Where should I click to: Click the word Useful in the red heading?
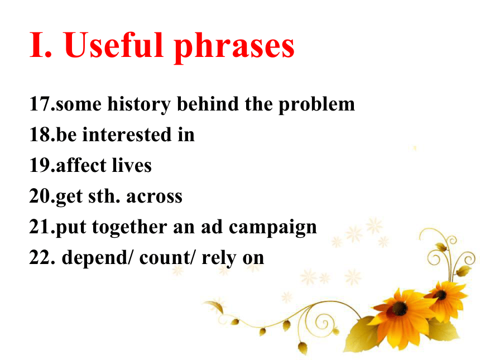click(113, 45)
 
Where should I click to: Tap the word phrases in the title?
click(234, 48)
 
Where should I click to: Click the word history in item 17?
click(139, 104)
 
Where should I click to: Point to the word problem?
click(316, 104)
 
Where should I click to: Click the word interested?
click(127, 135)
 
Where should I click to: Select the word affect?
click(81, 165)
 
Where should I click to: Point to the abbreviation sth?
click(104, 196)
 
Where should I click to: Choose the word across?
click(154, 196)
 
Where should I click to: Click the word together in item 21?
click(129, 228)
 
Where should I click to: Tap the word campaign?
click(273, 228)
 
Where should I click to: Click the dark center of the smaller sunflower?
click(441, 295)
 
